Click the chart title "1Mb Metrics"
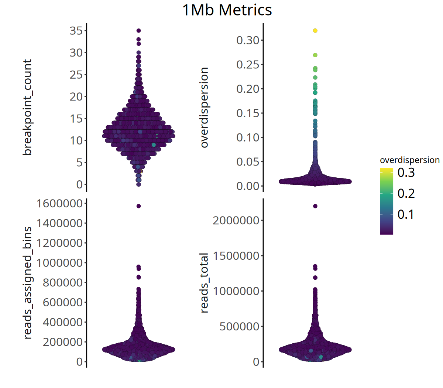(x=227, y=10)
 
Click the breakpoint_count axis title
(x=27, y=107)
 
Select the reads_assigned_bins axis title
(x=27, y=283)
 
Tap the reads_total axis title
(x=204, y=283)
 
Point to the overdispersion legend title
(x=409, y=160)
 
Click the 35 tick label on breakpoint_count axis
(x=76, y=31)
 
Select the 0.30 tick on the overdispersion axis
(x=248, y=40)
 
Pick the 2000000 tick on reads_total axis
(x=236, y=220)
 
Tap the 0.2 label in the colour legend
(x=406, y=193)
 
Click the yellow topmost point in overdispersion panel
(x=315, y=31)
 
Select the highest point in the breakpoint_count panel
(x=138, y=31)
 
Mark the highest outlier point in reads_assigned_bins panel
(x=138, y=206)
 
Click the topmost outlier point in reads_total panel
(x=315, y=206)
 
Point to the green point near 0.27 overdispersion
(x=315, y=55)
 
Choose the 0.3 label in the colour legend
(x=406, y=173)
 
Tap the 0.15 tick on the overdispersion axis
(x=248, y=113)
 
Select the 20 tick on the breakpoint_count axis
(x=76, y=97)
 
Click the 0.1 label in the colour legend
(x=406, y=214)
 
